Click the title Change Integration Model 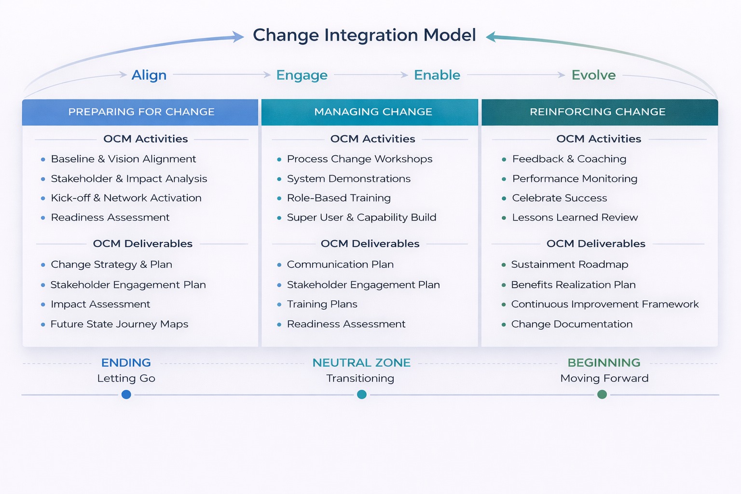(364, 35)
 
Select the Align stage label (149, 75)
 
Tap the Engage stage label (302, 75)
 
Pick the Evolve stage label (593, 75)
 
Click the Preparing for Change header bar (141, 112)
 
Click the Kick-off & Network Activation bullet (126, 198)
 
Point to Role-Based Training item (339, 198)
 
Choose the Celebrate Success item (560, 198)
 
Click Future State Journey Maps (119, 324)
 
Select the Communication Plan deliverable (340, 265)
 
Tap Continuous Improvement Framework (604, 304)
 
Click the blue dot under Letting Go (126, 395)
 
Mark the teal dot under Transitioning (362, 395)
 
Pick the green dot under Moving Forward (602, 395)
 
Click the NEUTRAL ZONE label (361, 363)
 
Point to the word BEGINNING (604, 363)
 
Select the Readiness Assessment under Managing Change (346, 324)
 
